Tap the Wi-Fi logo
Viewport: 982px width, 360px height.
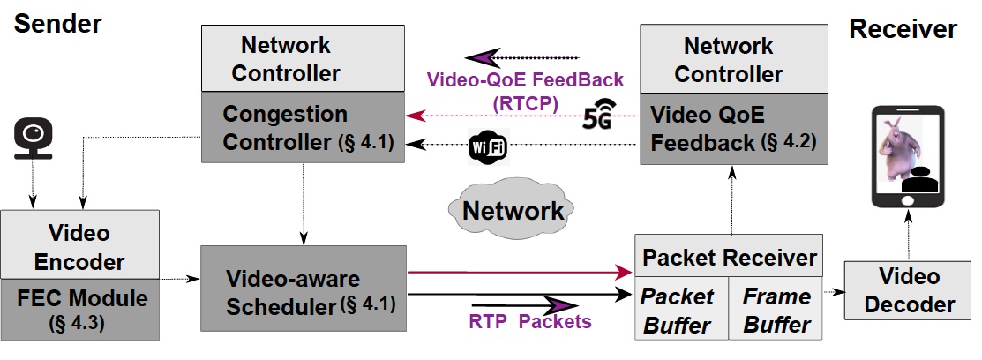click(488, 146)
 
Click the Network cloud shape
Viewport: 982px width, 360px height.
click(513, 210)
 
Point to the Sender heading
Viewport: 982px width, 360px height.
click(57, 24)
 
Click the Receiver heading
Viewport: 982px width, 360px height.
click(902, 29)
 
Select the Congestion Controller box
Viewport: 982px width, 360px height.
click(303, 128)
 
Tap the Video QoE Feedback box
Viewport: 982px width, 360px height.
click(733, 128)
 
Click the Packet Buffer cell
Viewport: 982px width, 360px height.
click(676, 310)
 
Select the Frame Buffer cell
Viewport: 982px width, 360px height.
click(776, 310)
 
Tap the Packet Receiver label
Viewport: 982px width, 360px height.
click(729, 258)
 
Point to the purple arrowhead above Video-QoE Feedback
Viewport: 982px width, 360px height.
click(484, 57)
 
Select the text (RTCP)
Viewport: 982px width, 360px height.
click(525, 103)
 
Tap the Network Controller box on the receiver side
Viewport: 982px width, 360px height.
click(733, 58)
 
